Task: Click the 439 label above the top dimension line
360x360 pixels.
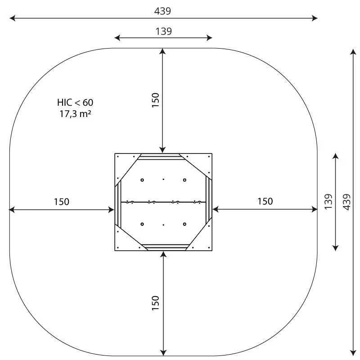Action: [x=162, y=11]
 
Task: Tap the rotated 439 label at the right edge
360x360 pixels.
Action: [x=347, y=202]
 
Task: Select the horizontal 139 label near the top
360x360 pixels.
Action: [x=163, y=31]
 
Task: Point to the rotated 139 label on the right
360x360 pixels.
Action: [x=328, y=202]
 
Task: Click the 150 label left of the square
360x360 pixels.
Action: [x=61, y=202]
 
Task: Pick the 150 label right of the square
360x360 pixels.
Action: [x=265, y=201]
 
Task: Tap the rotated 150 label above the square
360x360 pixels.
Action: [x=155, y=100]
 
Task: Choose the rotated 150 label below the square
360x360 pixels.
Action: [x=155, y=303]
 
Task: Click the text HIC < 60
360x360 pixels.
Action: [x=75, y=103]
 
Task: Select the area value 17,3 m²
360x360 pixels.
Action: [x=75, y=114]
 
